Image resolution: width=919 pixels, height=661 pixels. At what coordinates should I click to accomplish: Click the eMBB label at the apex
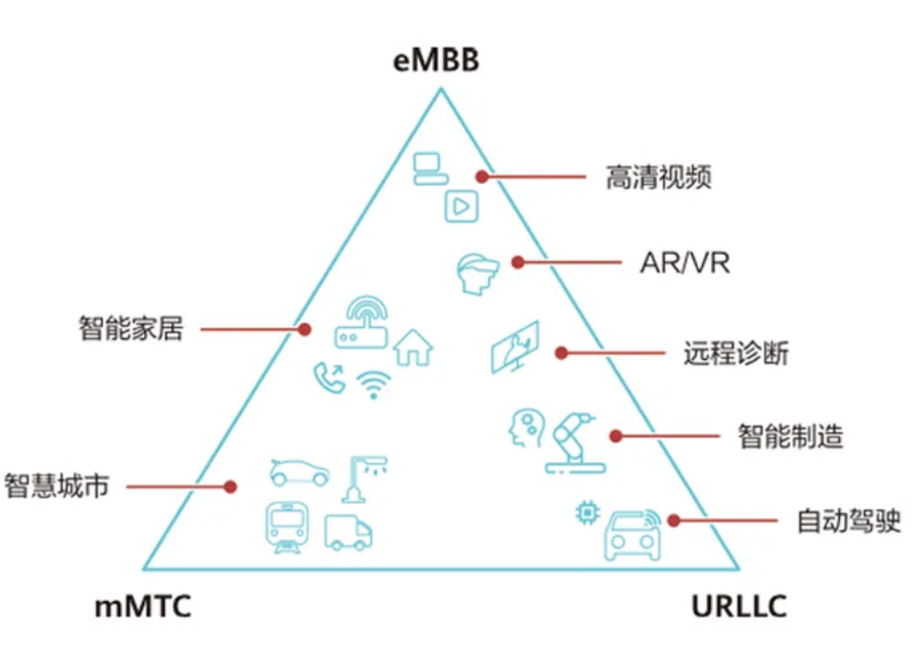click(x=437, y=61)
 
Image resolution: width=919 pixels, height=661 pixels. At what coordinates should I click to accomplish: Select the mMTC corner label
click(x=143, y=607)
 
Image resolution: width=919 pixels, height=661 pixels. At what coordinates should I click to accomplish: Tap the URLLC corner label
click(x=739, y=607)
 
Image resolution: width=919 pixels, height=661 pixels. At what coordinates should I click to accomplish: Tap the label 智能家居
click(x=131, y=329)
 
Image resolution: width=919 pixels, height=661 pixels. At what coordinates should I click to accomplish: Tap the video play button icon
click(x=460, y=205)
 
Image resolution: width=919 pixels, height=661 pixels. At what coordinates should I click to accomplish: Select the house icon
click(x=413, y=346)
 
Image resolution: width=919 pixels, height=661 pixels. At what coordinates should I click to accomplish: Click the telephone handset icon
click(x=328, y=377)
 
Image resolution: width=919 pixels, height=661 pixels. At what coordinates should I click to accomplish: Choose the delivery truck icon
click(x=348, y=531)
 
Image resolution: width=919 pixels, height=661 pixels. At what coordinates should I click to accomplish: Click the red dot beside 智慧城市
click(x=231, y=486)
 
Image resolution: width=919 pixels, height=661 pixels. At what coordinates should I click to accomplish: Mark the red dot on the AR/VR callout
click(x=517, y=262)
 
